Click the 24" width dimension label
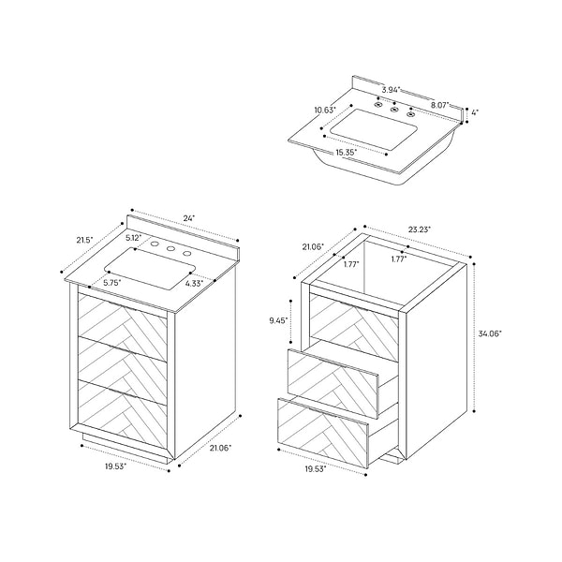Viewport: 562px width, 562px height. point(189,218)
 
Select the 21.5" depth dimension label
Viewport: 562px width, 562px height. point(84,240)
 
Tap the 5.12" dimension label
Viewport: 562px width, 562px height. point(134,237)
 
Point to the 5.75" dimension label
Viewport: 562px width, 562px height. point(112,283)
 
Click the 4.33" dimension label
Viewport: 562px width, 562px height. point(194,284)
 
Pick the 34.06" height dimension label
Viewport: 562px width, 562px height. point(490,333)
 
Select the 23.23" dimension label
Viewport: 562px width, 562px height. point(420,229)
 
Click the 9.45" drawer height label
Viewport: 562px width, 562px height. point(278,320)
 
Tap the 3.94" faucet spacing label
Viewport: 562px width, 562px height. point(391,90)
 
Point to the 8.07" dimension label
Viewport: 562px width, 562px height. point(439,105)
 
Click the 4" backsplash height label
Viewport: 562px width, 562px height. point(474,112)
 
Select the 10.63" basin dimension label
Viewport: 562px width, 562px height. point(325,110)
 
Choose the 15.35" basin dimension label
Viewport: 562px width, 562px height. point(347,153)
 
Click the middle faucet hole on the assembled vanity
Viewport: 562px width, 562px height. point(171,249)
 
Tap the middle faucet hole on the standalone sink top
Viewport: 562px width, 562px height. point(394,110)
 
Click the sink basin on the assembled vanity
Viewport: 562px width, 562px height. point(150,268)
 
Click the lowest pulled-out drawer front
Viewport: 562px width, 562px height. point(323,433)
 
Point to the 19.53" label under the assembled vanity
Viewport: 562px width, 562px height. point(115,466)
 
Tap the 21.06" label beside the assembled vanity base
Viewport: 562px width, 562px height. point(221,448)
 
